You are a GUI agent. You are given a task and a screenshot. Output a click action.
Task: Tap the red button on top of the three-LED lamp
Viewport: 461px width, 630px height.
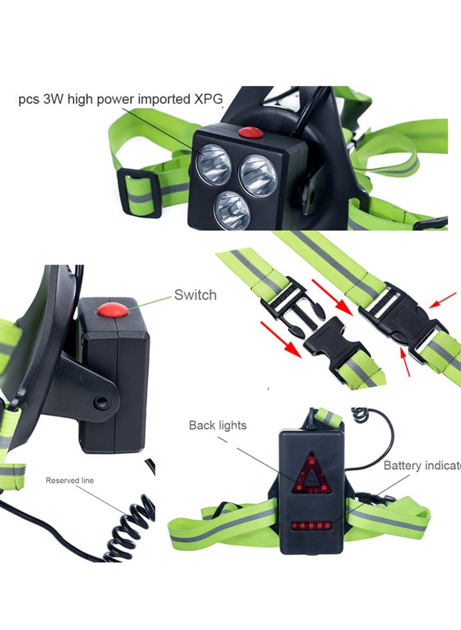point(251,132)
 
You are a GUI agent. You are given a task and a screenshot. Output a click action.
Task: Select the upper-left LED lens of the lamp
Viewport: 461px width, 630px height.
point(213,163)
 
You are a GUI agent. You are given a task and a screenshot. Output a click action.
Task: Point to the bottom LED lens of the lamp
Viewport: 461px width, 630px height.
point(233,209)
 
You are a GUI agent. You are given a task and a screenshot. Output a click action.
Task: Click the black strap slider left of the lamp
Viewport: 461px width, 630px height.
point(139,193)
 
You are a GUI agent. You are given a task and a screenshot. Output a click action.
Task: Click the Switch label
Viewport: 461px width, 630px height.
point(195,295)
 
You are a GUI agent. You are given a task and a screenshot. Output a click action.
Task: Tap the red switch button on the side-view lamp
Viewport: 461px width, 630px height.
point(112,310)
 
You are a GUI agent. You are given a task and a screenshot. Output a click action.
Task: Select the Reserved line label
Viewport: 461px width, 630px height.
point(69,480)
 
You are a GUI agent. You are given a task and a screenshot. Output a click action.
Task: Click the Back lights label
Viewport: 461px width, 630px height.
point(217,426)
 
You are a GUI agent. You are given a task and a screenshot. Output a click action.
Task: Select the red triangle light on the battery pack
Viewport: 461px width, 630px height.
point(311,475)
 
